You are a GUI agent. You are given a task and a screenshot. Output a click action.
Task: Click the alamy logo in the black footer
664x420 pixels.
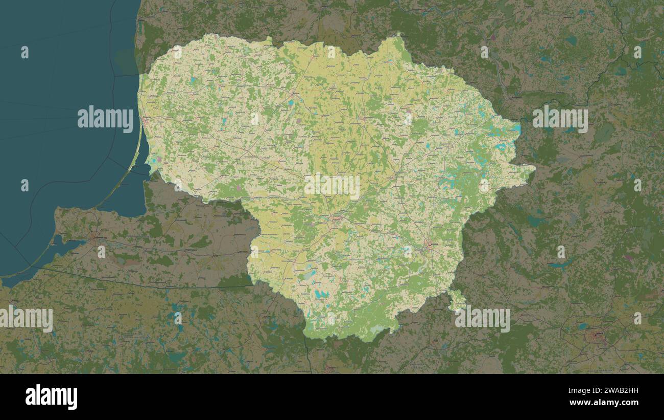click(x=51, y=397)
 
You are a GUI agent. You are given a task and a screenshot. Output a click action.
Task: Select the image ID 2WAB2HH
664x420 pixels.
click(x=613, y=391)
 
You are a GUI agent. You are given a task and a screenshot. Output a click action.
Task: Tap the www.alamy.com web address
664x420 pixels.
click(x=607, y=403)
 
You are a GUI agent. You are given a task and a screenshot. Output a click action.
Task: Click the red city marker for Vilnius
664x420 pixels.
click(x=431, y=246)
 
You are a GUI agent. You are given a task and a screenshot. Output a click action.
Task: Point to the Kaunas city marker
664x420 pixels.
click(x=335, y=218)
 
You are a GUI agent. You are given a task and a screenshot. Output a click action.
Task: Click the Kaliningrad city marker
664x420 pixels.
click(x=94, y=237)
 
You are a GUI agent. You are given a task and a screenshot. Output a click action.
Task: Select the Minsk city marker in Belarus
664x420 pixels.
click(x=596, y=336)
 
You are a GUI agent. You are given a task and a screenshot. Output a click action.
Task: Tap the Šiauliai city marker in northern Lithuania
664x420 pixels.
click(x=293, y=94)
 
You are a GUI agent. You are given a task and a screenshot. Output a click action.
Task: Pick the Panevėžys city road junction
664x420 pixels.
click(x=364, y=118)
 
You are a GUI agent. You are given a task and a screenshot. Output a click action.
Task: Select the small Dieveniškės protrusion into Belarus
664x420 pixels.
click(x=456, y=299)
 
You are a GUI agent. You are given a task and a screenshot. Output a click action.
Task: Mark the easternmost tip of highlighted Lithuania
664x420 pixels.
click(x=534, y=167)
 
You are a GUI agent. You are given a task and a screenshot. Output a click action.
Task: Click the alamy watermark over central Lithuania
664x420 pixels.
click(x=332, y=187)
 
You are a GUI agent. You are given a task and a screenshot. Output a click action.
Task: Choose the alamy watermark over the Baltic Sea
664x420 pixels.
click(x=105, y=119)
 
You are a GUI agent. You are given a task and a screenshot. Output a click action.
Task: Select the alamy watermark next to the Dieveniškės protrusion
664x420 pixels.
click(x=482, y=319)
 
